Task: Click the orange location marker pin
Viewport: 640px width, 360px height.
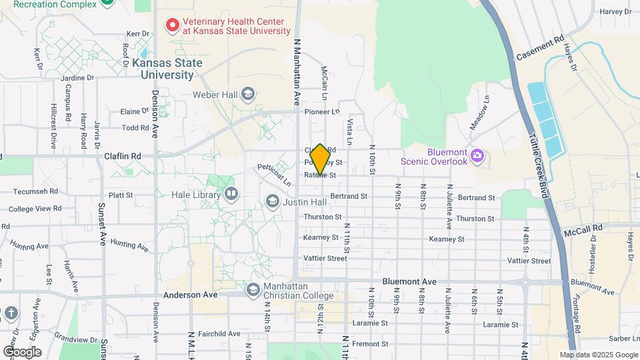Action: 320,160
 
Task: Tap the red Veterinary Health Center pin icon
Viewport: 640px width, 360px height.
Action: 173,25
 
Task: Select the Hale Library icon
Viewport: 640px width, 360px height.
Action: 231,194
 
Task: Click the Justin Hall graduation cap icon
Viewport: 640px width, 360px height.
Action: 272,201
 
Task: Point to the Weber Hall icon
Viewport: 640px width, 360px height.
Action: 248,94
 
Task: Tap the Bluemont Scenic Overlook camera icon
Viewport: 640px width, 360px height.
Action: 477,156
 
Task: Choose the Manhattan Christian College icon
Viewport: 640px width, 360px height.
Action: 253,290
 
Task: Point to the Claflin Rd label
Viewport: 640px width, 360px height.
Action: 123,156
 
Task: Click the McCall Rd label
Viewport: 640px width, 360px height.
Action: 583,227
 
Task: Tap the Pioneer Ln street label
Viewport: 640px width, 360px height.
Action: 322,112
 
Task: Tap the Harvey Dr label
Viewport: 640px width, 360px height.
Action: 615,11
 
